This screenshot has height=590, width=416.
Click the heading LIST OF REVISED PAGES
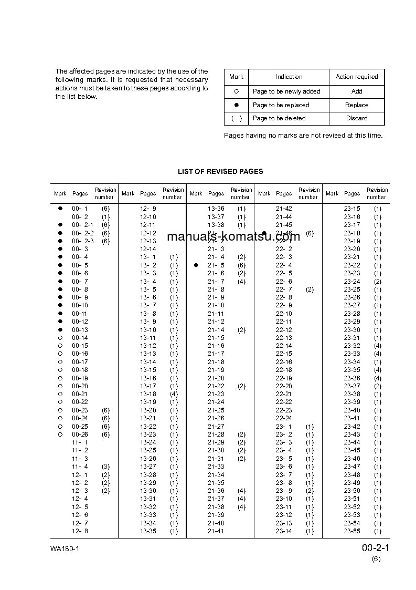[x=220, y=171]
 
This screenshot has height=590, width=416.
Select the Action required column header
[x=357, y=77]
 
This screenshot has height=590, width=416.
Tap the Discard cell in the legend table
[x=357, y=118]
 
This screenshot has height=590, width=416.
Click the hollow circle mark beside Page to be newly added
[x=236, y=91]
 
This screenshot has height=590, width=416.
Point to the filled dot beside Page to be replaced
[x=236, y=105]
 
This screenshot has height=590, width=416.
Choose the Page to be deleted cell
[x=279, y=118]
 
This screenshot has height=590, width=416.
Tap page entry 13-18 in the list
[x=148, y=394]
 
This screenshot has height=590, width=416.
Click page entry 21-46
[x=284, y=233]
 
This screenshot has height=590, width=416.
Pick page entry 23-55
[x=352, y=531]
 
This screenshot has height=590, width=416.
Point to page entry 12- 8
[x=80, y=531]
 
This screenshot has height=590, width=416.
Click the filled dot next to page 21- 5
[x=196, y=265]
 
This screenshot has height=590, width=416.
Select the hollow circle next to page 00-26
[x=60, y=434]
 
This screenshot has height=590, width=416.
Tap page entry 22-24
[x=284, y=418]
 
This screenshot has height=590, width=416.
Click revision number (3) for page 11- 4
[x=105, y=467]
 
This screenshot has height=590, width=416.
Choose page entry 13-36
[x=216, y=209]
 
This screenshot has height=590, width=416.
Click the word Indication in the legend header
[x=289, y=77]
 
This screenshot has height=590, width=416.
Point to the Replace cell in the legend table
[x=357, y=105]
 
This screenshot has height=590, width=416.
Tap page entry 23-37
[x=352, y=386]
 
